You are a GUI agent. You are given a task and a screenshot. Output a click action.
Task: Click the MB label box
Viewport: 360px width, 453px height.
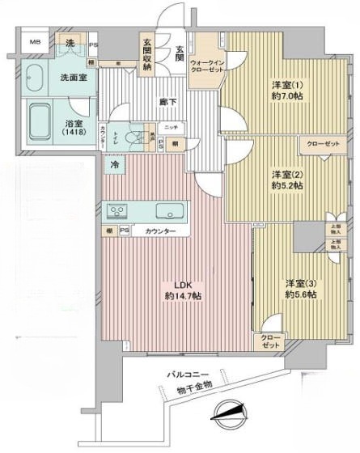[x=37, y=41]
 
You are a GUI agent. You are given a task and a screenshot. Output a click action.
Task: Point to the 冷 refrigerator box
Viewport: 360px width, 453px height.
[x=116, y=164]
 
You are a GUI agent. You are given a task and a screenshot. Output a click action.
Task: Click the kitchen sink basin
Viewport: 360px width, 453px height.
[x=171, y=210]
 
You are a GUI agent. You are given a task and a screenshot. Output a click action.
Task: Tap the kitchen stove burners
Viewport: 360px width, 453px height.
[x=118, y=210]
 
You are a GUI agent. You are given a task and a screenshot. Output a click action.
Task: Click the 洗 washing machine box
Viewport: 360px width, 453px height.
[x=71, y=42]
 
